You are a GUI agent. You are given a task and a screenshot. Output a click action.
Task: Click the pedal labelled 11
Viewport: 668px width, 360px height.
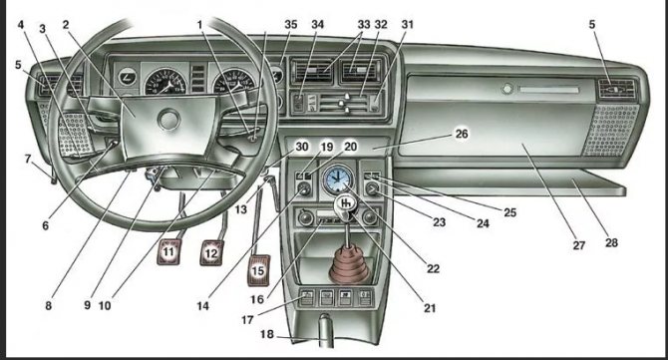(169, 251)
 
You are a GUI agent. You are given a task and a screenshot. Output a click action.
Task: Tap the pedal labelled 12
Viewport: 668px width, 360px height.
(211, 252)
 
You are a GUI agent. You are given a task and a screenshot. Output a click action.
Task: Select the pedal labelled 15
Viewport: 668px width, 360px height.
(258, 270)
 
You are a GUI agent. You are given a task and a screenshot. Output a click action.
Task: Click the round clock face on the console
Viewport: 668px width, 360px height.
(337, 179)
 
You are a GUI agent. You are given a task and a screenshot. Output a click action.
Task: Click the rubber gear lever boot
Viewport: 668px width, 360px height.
(349, 266)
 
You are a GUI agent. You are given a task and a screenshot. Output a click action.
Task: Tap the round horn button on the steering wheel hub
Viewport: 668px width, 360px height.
(168, 120)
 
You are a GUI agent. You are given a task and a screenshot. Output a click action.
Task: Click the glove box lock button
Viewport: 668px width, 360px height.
(506, 89)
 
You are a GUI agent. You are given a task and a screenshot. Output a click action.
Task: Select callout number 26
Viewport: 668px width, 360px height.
(462, 134)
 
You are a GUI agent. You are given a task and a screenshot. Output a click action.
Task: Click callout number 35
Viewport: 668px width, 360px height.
(291, 25)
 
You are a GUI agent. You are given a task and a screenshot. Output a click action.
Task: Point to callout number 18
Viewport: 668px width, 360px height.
(267, 334)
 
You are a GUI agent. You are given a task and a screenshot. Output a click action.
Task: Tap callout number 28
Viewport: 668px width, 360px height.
(611, 242)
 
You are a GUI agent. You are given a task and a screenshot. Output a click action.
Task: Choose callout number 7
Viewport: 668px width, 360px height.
(28, 159)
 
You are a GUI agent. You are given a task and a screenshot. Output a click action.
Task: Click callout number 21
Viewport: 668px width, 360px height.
(430, 307)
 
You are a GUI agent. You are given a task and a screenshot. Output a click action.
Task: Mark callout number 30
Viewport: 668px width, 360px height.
(302, 147)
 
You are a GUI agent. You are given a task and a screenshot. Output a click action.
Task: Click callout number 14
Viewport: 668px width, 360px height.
(202, 305)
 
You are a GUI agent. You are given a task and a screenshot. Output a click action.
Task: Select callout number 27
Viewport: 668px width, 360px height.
(578, 245)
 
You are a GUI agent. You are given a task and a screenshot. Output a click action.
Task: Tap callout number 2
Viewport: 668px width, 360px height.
(65, 25)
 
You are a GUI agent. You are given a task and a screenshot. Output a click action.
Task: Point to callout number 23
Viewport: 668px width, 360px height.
(439, 222)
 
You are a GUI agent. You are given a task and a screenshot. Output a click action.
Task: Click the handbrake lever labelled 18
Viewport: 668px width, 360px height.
(325, 330)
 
